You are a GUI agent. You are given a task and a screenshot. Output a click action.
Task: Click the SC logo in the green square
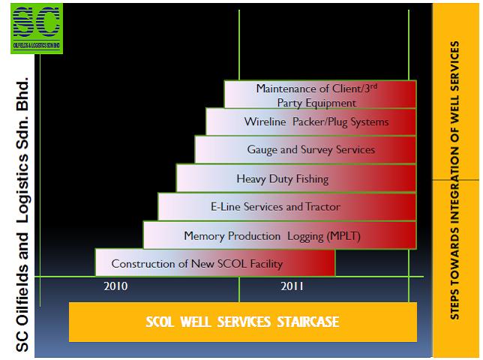coord(37,28)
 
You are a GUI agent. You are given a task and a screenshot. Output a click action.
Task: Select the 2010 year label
coord(115,286)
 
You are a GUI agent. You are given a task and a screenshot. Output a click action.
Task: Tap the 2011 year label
coord(292,286)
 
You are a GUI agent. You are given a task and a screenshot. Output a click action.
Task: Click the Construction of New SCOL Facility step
coord(215,262)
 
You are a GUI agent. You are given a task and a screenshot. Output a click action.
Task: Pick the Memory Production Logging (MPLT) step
coord(280,235)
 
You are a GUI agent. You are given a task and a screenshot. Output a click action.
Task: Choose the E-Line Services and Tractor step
coord(287,207)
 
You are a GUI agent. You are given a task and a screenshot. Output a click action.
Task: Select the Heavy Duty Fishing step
coord(296,178)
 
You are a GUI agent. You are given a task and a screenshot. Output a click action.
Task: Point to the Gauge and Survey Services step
coord(305,150)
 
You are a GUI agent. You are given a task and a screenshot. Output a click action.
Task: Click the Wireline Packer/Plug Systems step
coord(310,121)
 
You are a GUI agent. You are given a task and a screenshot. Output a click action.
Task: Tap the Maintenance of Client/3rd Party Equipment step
coord(320,94)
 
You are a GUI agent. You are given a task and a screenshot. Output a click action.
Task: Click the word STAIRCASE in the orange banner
coord(308,322)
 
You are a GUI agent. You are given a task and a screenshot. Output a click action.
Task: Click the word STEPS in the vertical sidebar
coord(454,304)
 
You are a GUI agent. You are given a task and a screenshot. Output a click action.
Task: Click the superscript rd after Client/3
coord(373,86)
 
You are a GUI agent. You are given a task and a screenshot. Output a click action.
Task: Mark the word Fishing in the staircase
coord(312,179)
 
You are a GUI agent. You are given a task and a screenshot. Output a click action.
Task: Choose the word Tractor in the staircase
coord(322,206)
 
